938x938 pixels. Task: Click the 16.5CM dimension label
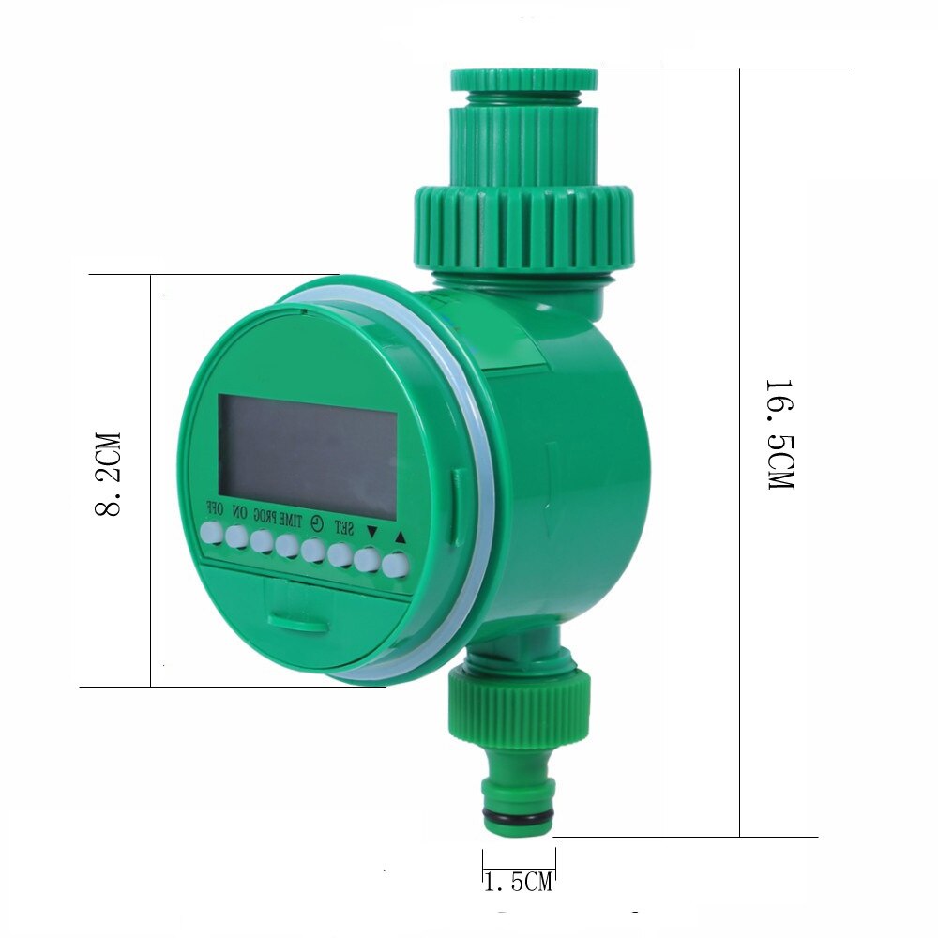click(x=779, y=436)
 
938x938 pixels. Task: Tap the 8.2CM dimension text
click(x=108, y=474)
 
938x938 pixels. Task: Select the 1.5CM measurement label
click(x=519, y=882)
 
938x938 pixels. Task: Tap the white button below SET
click(x=342, y=555)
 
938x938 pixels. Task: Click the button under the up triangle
click(x=398, y=565)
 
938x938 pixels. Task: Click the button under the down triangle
click(x=371, y=560)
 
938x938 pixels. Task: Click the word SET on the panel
click(x=343, y=529)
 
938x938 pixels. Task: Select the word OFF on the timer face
click(x=214, y=512)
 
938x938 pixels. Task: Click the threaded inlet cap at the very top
click(x=522, y=79)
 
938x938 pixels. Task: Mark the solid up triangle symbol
click(x=401, y=537)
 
